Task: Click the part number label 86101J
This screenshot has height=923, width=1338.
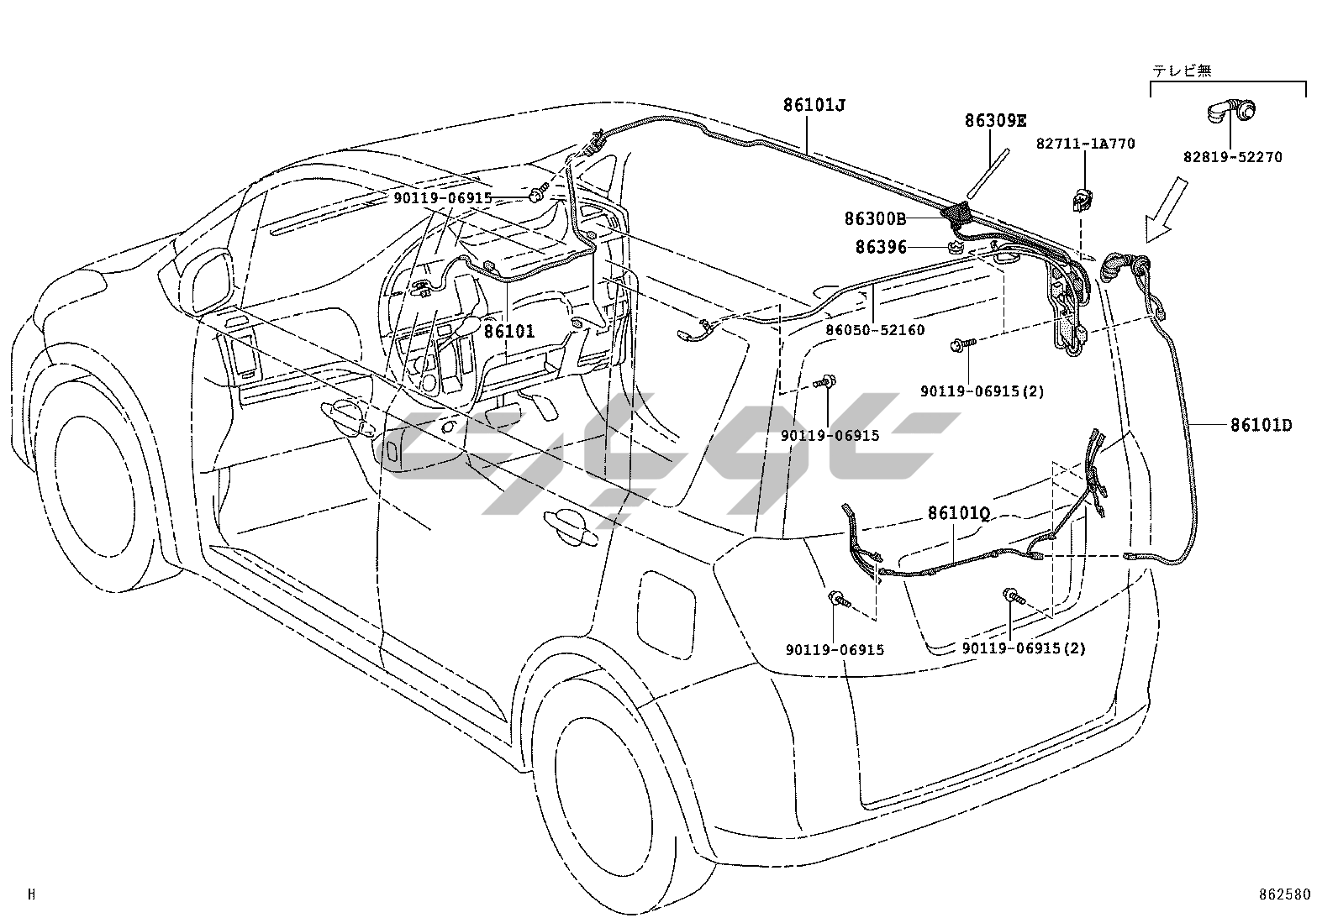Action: click(814, 105)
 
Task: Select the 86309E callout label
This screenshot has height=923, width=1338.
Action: click(995, 121)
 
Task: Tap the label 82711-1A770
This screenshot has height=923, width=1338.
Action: click(1085, 144)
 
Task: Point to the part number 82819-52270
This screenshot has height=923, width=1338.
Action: click(1233, 157)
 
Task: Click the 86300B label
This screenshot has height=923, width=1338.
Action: click(875, 219)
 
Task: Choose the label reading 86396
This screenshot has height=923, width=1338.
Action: click(881, 247)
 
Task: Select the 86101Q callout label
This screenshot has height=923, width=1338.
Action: click(958, 512)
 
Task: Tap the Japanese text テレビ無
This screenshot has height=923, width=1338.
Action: click(1182, 71)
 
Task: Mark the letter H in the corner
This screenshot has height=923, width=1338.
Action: click(32, 895)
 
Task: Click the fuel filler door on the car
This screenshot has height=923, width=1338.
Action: click(668, 606)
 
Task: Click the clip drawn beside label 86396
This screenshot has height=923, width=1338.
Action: click(955, 247)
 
